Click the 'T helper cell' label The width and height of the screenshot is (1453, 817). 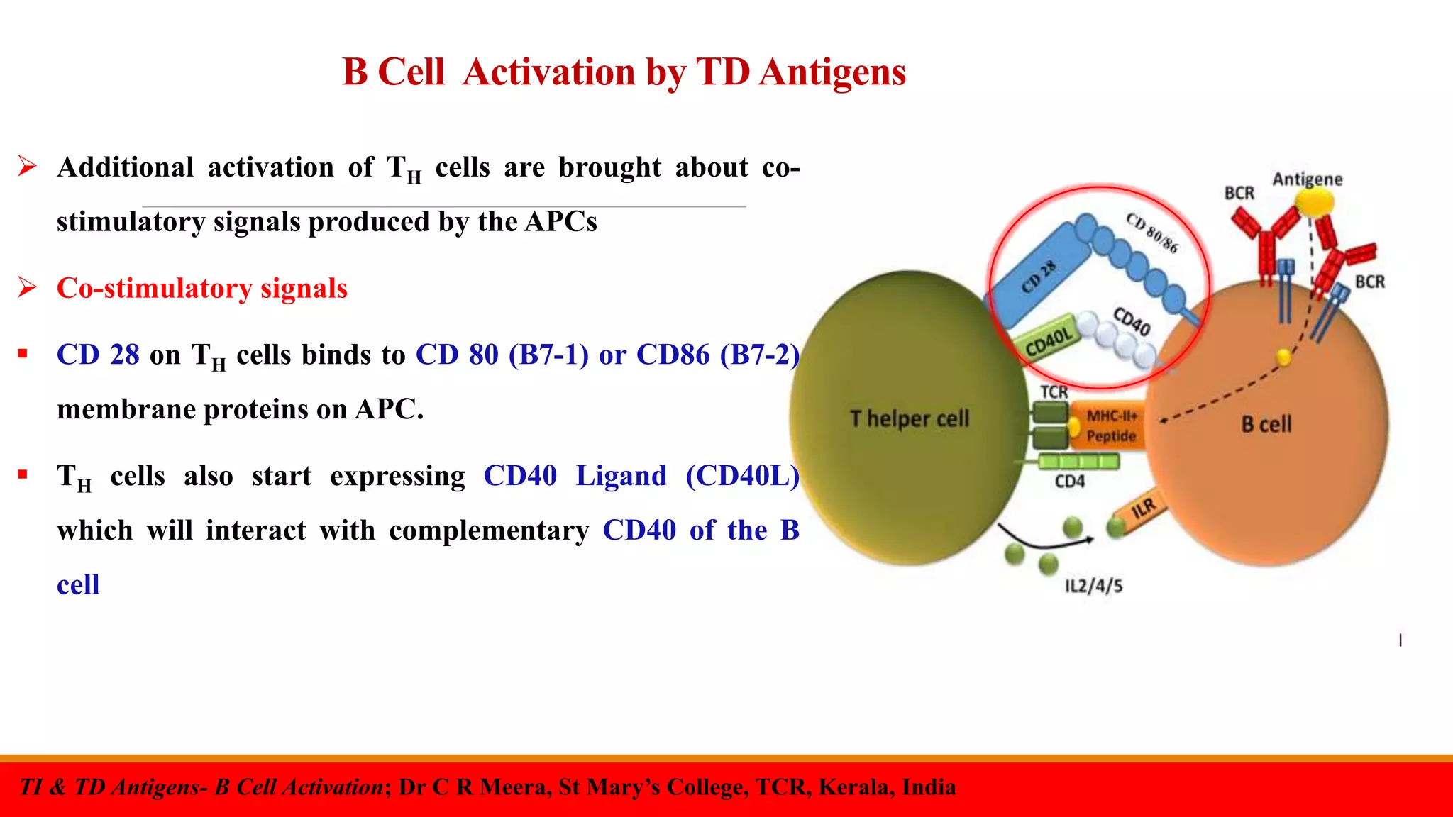pyautogui.click(x=910, y=418)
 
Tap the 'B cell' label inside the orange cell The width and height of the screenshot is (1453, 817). pyautogui.click(x=1266, y=424)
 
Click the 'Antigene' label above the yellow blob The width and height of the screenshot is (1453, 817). pyautogui.click(x=1307, y=179)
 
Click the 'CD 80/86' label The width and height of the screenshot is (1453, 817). pyautogui.click(x=1152, y=232)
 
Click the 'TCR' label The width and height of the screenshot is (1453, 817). pyautogui.click(x=1054, y=391)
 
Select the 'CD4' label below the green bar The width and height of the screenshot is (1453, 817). pyautogui.click(x=1069, y=482)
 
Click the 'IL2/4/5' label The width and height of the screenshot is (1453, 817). pyautogui.click(x=1093, y=586)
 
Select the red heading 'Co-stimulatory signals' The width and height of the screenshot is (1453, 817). pyautogui.click(x=202, y=289)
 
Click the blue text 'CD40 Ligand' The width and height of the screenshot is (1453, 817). pyautogui.click(x=575, y=476)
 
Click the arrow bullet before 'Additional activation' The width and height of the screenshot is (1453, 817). pyautogui.click(x=28, y=167)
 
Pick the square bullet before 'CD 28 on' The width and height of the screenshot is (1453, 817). pyautogui.click(x=23, y=353)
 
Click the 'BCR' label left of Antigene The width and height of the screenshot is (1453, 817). pyautogui.click(x=1239, y=193)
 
